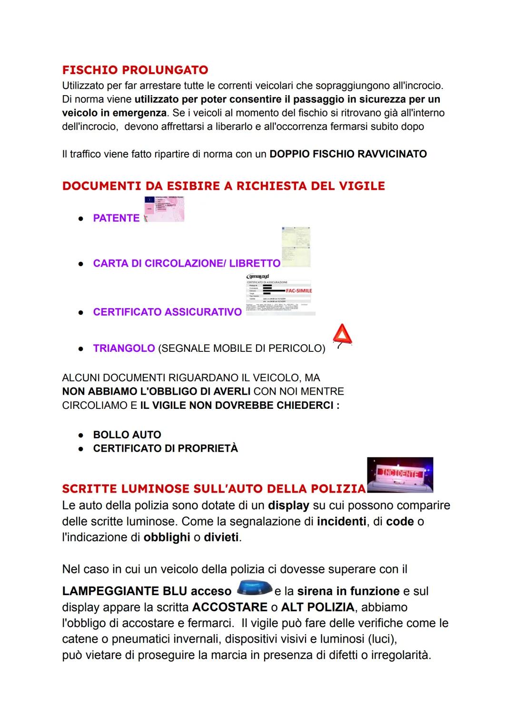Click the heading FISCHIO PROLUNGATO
(135, 70)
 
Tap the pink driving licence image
(164, 209)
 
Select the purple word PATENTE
(116, 218)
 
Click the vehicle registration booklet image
(296, 247)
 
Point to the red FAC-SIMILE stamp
(298, 290)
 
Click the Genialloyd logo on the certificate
(257, 276)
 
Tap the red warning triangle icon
(343, 336)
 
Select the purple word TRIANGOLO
(124, 348)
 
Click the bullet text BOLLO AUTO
(127, 435)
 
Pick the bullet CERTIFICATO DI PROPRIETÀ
(165, 448)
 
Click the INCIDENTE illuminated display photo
(400, 474)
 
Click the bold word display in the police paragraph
(288, 505)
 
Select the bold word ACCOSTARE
(230, 607)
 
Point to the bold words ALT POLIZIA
(317, 607)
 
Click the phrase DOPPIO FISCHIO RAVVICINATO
(348, 154)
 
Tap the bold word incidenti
(342, 522)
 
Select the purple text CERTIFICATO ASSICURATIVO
(168, 312)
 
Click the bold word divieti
(221, 538)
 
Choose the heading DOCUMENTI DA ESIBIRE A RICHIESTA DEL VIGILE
(223, 186)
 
